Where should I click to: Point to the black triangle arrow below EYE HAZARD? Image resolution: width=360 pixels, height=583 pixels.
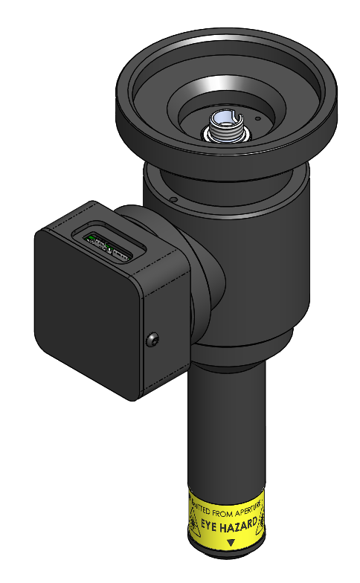pyautogui.click(x=231, y=544)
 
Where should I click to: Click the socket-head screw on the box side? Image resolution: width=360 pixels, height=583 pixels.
pyautogui.click(x=152, y=340)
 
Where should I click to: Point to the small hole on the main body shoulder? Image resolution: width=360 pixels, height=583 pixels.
pyautogui.click(x=172, y=199)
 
